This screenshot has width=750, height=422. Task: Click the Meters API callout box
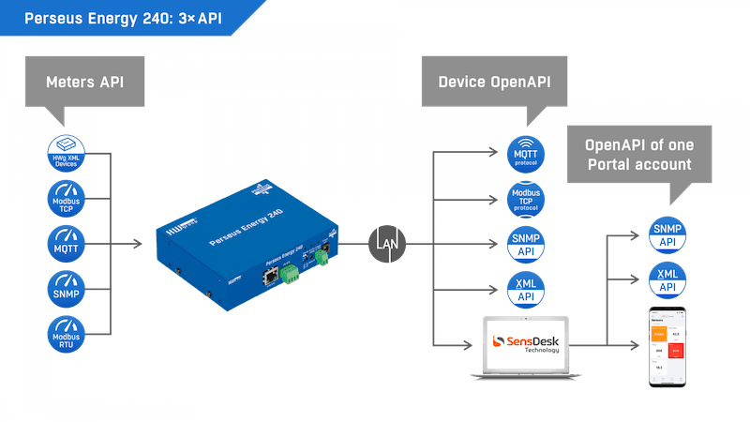tap(84, 83)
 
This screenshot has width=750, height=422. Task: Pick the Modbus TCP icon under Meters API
tap(66, 198)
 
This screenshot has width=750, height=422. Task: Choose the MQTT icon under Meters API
tap(66, 243)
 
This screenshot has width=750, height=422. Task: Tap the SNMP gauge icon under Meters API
tap(66, 288)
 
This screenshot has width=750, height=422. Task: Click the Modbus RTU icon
tap(66, 333)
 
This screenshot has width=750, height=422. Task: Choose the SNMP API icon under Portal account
tap(668, 234)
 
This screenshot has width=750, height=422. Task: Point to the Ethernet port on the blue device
tap(270, 278)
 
